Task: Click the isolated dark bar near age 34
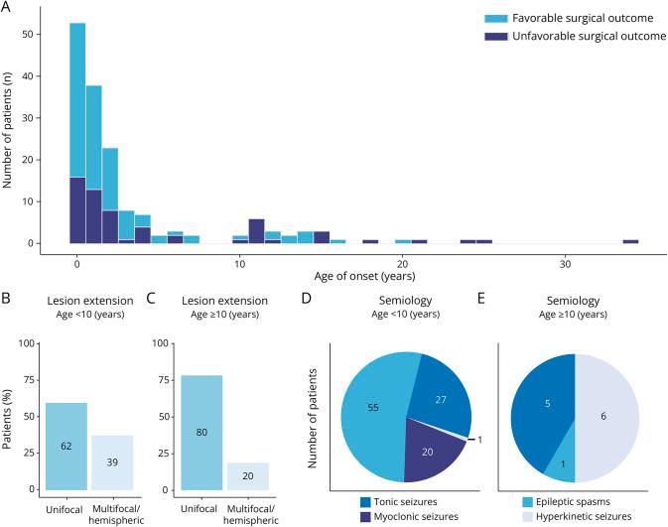(630, 241)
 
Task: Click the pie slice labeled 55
(377, 407)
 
